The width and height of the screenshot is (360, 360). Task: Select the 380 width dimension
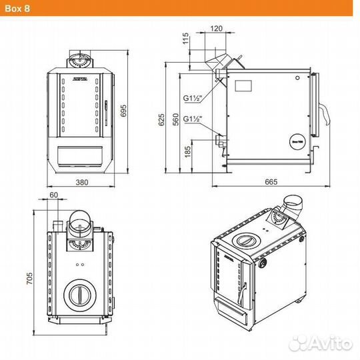click(x=82, y=182)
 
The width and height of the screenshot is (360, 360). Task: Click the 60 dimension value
click(x=54, y=195)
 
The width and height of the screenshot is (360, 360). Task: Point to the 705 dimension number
click(x=28, y=280)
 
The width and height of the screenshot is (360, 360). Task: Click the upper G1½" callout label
click(x=193, y=98)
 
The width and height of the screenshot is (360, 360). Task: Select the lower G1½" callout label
click(x=193, y=119)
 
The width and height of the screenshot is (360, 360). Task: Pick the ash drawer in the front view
click(x=82, y=155)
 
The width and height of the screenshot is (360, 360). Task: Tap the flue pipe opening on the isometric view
click(x=294, y=201)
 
